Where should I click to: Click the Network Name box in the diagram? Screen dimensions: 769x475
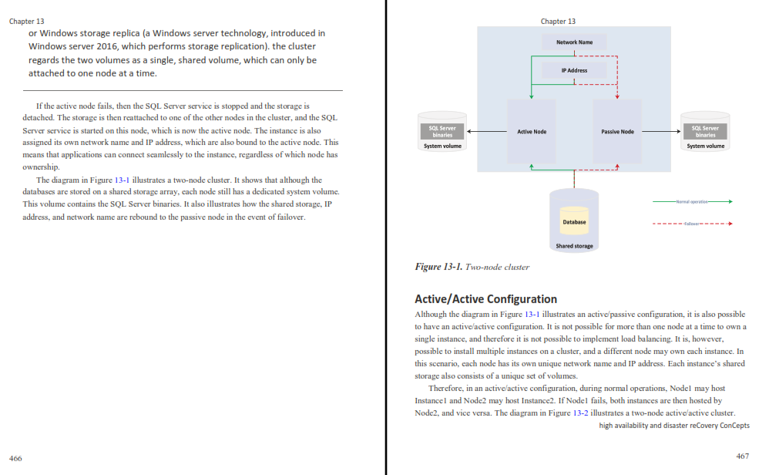coord(574,42)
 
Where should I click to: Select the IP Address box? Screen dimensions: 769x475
coord(574,70)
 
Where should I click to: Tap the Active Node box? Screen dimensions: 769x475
coord(532,132)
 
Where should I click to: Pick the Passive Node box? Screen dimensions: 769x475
coord(617,132)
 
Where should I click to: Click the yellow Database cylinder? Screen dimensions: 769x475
coord(574,221)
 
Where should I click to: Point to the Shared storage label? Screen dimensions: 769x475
coord(574,246)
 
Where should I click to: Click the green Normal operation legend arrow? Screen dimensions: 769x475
coord(693,202)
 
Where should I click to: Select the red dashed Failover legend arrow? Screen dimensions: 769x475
coord(693,224)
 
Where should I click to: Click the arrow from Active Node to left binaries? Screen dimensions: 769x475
coord(487,132)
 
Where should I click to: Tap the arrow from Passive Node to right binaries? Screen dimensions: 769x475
coord(662,132)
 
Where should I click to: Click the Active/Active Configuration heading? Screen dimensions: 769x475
coord(486,299)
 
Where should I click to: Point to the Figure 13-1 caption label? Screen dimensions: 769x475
coord(438,267)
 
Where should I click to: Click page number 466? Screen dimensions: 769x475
coord(15,458)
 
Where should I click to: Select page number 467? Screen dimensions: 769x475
coord(743,456)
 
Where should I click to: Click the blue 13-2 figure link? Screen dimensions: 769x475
coord(581,413)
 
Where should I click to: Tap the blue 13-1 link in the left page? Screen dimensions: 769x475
coord(122,180)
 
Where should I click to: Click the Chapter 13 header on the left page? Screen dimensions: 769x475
coord(26,21)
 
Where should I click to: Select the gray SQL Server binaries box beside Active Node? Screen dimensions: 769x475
coord(442,132)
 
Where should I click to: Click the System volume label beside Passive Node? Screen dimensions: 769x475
coord(705,146)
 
